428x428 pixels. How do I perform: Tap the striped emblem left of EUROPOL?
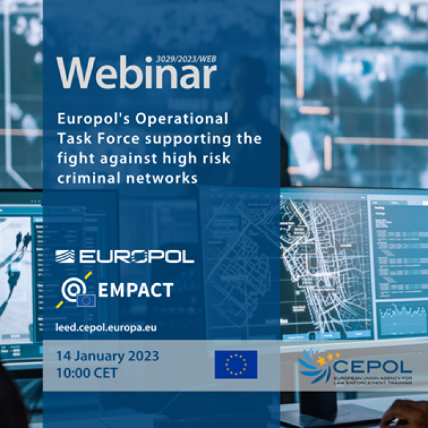click(x=67, y=256)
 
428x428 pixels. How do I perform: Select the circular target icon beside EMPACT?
click(x=73, y=287)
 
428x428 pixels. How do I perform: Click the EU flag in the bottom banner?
click(x=236, y=364)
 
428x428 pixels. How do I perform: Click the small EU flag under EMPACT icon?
click(x=86, y=301)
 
